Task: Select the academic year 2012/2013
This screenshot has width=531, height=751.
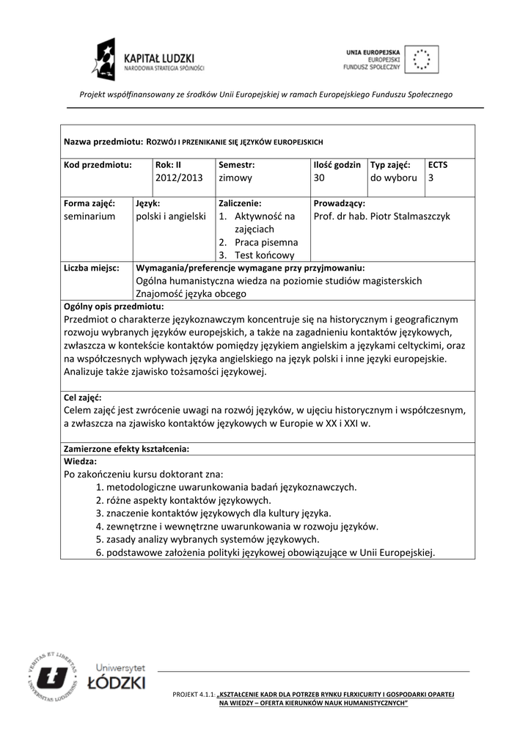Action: [178, 177]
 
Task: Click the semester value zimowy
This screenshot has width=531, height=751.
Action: [235, 177]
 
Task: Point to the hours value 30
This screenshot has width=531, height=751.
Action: [319, 177]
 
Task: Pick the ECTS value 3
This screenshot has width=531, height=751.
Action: [431, 177]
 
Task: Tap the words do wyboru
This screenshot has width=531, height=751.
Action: [393, 177]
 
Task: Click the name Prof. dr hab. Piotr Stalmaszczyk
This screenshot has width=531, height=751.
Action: [381, 216]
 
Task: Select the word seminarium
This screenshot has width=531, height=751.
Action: [89, 216]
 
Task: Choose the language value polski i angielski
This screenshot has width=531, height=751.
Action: [171, 216]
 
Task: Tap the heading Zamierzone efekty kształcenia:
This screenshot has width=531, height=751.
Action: [127, 448]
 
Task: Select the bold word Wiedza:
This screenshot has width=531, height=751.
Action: [81, 461]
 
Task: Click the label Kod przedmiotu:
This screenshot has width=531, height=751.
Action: [98, 165]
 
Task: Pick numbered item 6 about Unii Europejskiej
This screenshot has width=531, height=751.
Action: [265, 552]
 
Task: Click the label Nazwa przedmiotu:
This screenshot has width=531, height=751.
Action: [103, 141]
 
